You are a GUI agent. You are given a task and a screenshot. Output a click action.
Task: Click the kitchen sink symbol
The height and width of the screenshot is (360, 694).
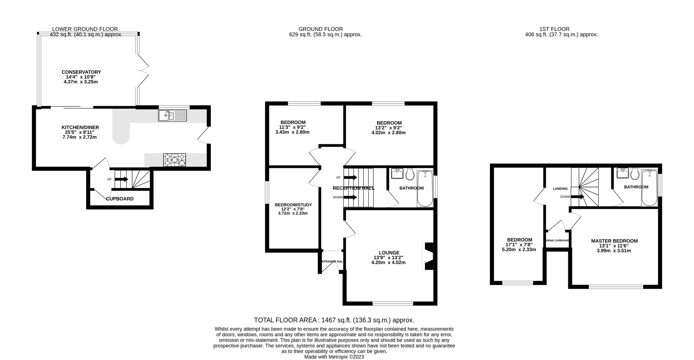[x=173, y=116]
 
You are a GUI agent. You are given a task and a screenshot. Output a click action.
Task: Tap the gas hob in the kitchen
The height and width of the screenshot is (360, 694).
[x=175, y=160]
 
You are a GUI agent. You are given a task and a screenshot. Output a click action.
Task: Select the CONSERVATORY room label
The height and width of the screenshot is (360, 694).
[x=81, y=72]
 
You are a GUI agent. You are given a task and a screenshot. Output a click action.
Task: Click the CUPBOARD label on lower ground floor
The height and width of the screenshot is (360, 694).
[x=120, y=199]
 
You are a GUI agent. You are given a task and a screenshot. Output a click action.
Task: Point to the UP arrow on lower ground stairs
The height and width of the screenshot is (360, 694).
[x=121, y=179]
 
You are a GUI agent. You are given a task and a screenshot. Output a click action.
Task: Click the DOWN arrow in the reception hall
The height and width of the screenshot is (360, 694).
[x=350, y=197]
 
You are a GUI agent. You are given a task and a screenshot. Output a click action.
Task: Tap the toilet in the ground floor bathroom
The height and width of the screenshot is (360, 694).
[x=410, y=174]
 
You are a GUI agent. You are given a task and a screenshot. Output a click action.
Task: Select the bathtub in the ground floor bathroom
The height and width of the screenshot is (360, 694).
[x=425, y=188]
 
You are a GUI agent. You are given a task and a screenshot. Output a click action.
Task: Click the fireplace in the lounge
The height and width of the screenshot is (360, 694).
[x=428, y=256]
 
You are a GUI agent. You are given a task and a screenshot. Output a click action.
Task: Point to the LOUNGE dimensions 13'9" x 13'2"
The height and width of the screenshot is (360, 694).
[x=388, y=258]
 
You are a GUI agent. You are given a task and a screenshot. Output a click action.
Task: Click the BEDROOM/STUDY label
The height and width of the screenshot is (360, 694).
[x=293, y=205]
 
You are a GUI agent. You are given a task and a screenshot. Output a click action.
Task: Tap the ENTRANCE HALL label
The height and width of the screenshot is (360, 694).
[x=332, y=261]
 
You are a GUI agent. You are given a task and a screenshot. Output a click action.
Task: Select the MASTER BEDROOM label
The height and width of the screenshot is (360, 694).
[x=614, y=241]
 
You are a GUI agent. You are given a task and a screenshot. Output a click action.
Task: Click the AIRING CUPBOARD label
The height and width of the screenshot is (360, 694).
[x=558, y=241]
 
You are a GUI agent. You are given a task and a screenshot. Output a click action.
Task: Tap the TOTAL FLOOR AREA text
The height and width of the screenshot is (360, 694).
[x=334, y=320]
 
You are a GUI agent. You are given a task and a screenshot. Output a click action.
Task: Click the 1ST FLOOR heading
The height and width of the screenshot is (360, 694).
[x=554, y=29]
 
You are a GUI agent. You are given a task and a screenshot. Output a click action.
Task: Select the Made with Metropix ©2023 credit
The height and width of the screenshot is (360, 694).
[x=334, y=357]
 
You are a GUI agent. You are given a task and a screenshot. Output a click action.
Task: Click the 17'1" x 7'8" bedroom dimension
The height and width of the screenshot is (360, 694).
[x=519, y=245]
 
